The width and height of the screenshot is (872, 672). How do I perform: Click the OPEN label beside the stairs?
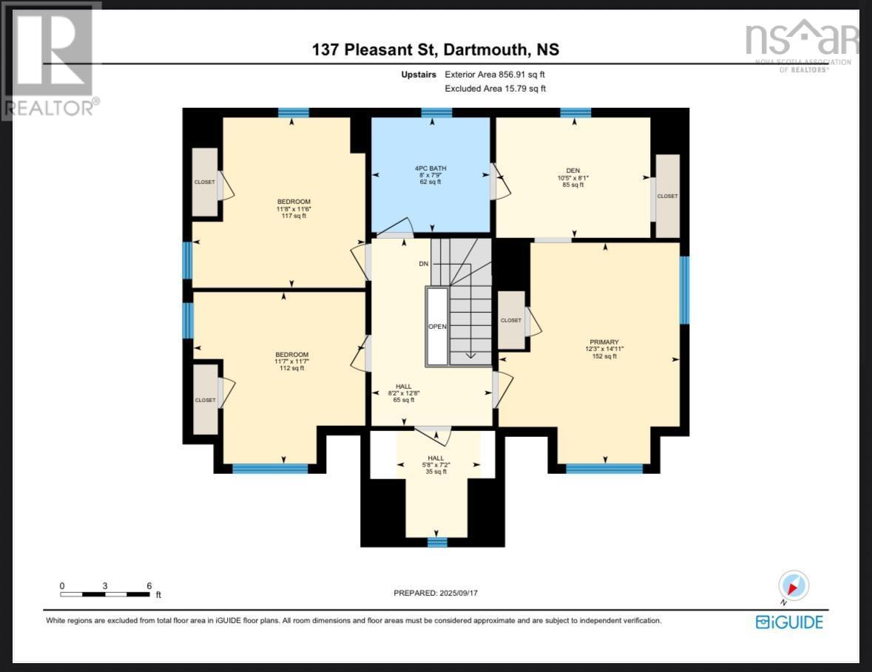coord(437,326)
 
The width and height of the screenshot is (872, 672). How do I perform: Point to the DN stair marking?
coord(423,263)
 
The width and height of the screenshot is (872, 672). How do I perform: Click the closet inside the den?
coord(667,196)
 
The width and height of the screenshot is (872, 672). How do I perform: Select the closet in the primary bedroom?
coord(511,320)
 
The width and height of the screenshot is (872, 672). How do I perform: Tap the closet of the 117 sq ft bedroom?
coord(205,182)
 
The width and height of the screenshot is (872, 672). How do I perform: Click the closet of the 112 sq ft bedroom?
coord(206,400)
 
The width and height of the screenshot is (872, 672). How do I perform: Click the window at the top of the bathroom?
coord(436,113)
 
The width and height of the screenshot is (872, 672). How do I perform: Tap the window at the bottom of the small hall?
coord(437,543)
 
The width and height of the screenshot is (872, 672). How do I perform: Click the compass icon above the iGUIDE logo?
coord(794,586)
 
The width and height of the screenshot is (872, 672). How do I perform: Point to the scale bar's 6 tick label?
coord(149,586)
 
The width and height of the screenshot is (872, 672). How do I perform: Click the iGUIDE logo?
coord(788,622)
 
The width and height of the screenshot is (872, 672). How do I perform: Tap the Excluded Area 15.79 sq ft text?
coord(495,89)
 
